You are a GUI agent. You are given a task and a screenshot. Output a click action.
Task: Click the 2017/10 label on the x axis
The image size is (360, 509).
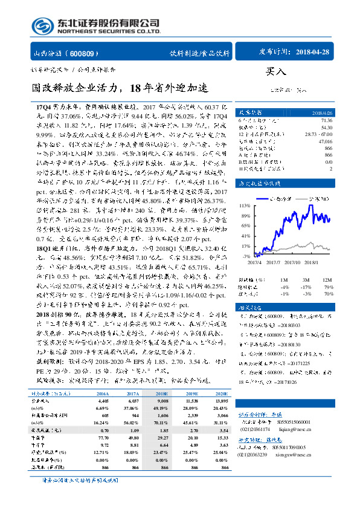[x=293, y=261]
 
